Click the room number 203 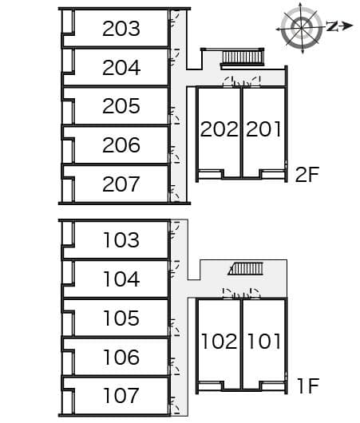[x=121, y=29]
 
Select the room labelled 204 [x=121, y=68]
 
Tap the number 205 [x=121, y=106]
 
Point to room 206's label [x=121, y=145]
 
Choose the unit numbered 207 [x=121, y=184]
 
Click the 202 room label [x=220, y=129]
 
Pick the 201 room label [x=263, y=129]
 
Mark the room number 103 [x=121, y=239]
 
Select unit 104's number [x=121, y=279]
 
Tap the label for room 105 [x=121, y=318]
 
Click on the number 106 [x=121, y=358]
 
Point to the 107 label [x=121, y=396]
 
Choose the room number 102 [x=220, y=342]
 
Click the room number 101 [x=263, y=342]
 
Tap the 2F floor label [x=307, y=175]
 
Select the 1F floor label [x=308, y=385]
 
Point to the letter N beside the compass [x=333, y=26]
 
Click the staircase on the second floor [x=243, y=58]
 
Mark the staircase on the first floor [x=246, y=269]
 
